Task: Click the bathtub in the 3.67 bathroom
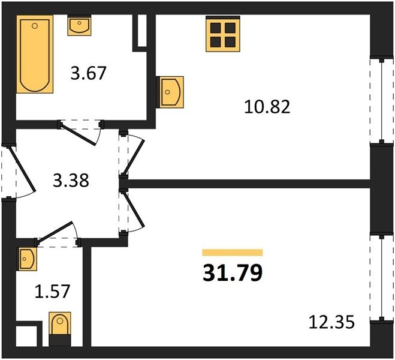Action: pos(35,54)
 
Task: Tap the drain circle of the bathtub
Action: pos(35,25)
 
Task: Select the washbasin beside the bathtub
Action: pos(79,25)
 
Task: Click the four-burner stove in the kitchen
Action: pos(223,34)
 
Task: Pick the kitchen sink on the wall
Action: pos(170,92)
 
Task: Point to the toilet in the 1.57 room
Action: pos(60,329)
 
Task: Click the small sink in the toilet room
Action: pos(27,259)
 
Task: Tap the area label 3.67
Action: pos(89,73)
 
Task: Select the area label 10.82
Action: pos(267,107)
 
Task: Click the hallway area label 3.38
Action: pos(71,181)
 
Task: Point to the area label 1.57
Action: pos(52,292)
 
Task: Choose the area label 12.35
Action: pos(332,322)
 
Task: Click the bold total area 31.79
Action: pos(233,273)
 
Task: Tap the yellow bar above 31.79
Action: pos(233,253)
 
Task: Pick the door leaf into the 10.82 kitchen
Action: pos(134,157)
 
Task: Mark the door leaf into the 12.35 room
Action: pos(134,210)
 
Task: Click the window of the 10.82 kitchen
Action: pos(382,101)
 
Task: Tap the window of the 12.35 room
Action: pos(382,278)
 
